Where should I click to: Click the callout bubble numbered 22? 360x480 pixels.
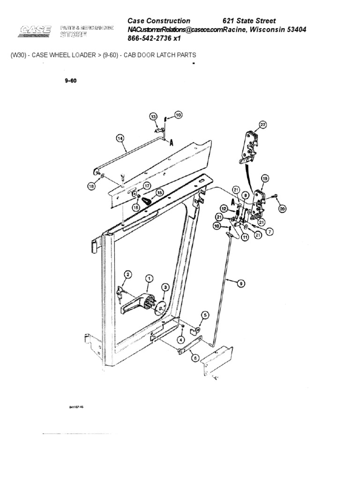click(263, 124)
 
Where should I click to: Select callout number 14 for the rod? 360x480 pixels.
click(120, 138)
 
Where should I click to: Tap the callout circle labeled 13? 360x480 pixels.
click(153, 116)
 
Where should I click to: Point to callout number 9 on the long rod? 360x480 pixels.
click(241, 283)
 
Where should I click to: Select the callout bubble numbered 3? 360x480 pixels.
click(165, 287)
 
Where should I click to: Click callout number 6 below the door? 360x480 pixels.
click(194, 358)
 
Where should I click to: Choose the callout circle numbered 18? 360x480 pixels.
click(91, 186)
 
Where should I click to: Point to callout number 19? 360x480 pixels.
click(265, 178)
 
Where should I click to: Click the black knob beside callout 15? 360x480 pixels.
click(148, 202)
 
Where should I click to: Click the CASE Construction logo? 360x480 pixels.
click(35, 31)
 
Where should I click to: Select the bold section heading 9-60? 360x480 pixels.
click(71, 81)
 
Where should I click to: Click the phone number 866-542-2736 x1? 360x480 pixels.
click(154, 38)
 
